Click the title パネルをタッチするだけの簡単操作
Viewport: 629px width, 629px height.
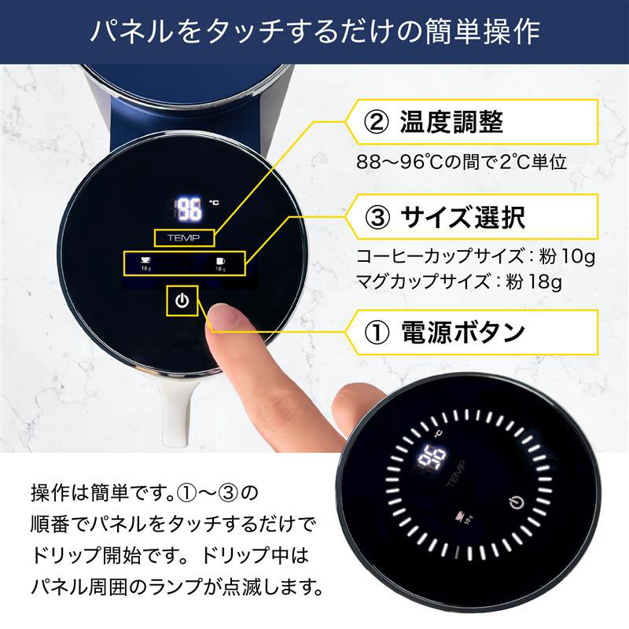click(314, 31)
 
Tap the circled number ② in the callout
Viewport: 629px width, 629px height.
click(375, 123)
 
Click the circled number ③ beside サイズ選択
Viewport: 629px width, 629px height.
click(375, 216)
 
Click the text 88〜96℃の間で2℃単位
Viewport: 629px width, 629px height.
click(462, 164)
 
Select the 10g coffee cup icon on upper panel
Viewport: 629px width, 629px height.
click(146, 263)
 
